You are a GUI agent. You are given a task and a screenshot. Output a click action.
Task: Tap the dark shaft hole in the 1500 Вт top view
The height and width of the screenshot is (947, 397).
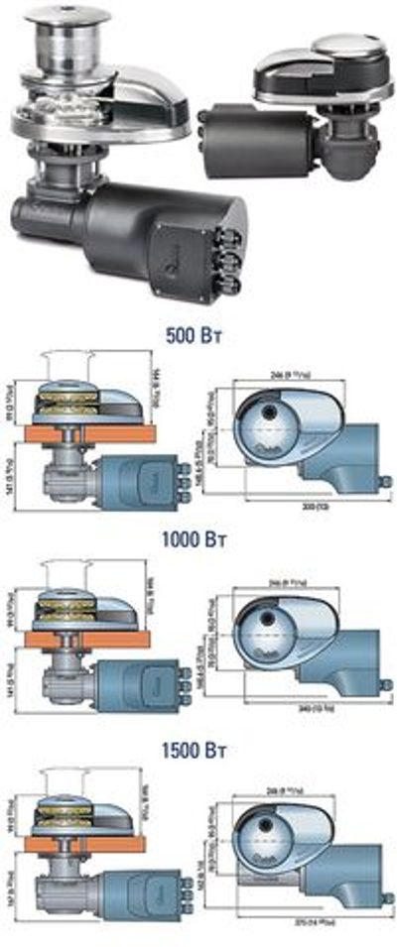coord(268,826)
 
